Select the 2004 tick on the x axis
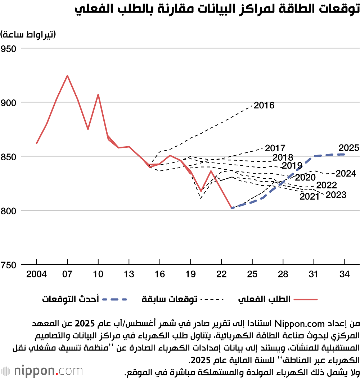(37, 275)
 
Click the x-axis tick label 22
(221, 275)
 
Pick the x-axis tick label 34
(345, 275)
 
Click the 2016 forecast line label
(264, 106)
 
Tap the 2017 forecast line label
(275, 148)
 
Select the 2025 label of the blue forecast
(349, 148)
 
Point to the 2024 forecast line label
(346, 174)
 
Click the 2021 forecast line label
(309, 197)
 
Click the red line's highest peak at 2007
(67, 76)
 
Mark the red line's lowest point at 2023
(232, 208)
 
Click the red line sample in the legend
(306, 299)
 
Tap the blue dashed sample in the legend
(115, 299)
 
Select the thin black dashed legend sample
(212, 299)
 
